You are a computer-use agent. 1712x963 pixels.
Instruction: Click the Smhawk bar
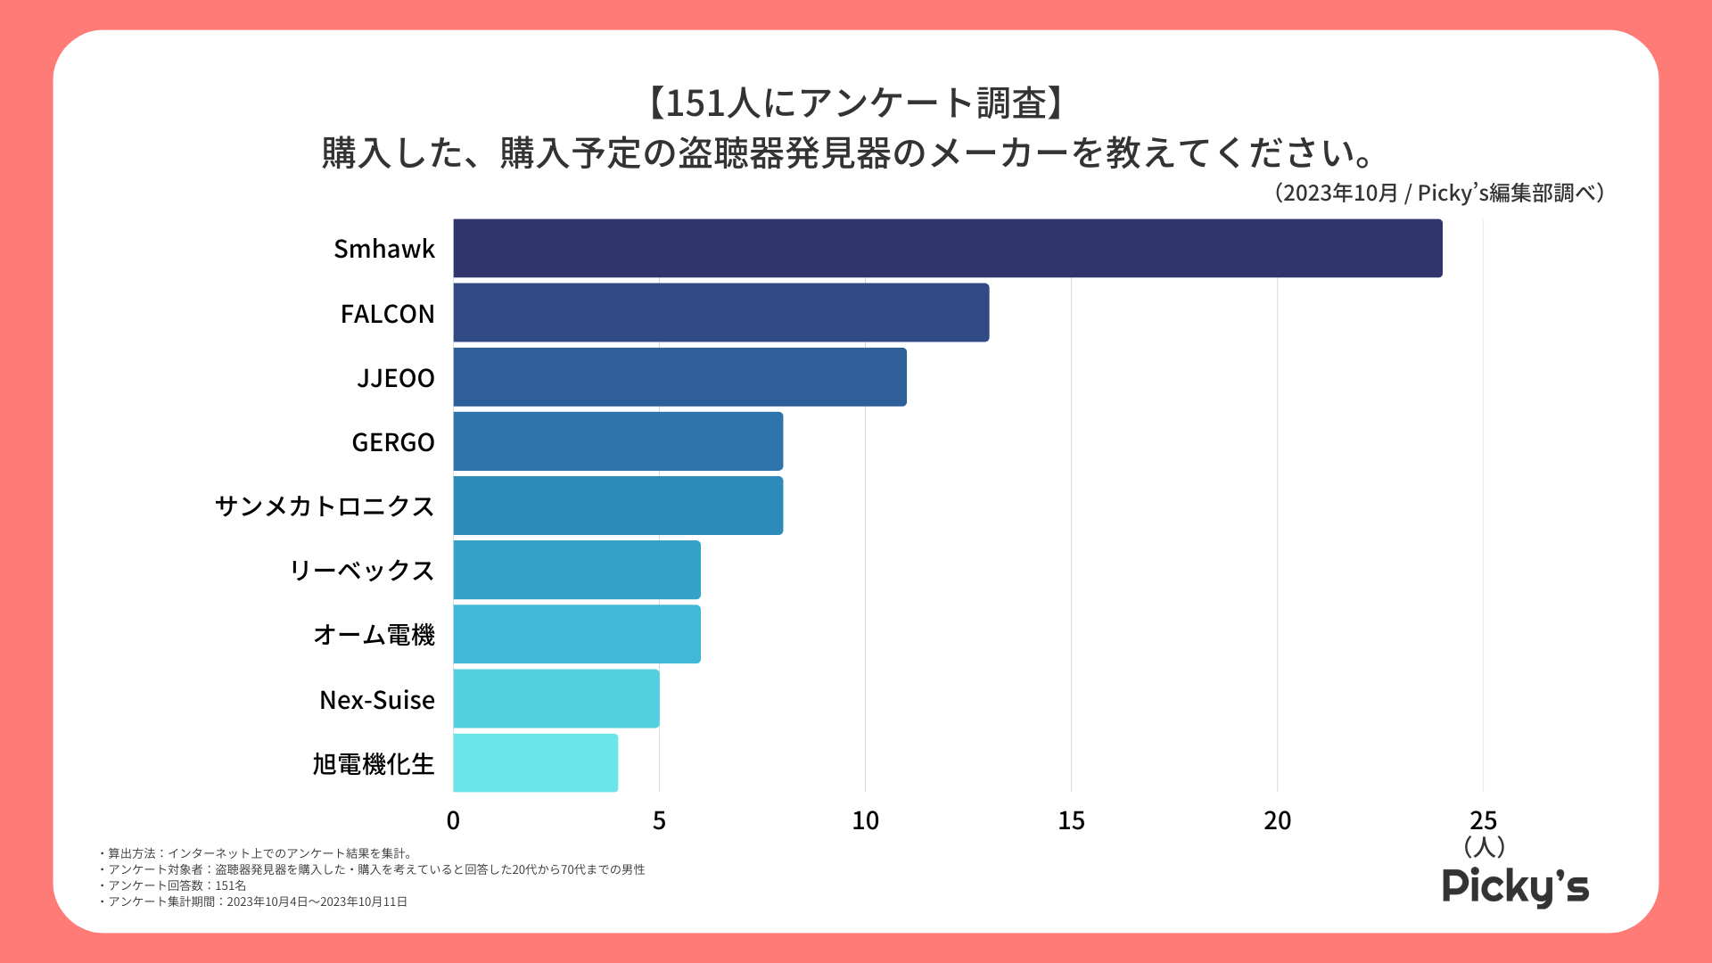[947, 248]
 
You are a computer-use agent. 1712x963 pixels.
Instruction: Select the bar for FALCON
[720, 313]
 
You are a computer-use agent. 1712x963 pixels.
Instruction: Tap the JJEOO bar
[679, 377]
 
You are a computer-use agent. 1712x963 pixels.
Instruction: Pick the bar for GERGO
[618, 441]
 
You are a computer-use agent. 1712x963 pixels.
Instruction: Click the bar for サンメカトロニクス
[618, 506]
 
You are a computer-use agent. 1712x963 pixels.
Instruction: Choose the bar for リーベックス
[577, 570]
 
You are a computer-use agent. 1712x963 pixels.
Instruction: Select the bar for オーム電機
[577, 634]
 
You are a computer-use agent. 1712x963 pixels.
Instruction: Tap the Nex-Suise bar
[556, 699]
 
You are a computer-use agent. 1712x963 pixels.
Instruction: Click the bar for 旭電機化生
[535, 763]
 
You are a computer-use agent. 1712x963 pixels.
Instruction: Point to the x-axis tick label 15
[1071, 820]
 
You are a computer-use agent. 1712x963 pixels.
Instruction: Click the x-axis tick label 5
[659, 820]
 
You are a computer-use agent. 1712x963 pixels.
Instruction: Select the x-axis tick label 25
[1483, 820]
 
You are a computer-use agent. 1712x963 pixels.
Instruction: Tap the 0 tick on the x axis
[453, 820]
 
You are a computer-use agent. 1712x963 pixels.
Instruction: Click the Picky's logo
[1515, 886]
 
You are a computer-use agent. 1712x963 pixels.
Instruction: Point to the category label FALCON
[387, 314]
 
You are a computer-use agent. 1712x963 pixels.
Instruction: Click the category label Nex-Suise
[377, 700]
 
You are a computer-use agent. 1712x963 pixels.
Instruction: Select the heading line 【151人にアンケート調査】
[855, 103]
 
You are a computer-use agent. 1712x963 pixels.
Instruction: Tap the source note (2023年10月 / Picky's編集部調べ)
[1438, 193]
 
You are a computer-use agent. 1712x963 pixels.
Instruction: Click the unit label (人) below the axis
[1484, 845]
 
